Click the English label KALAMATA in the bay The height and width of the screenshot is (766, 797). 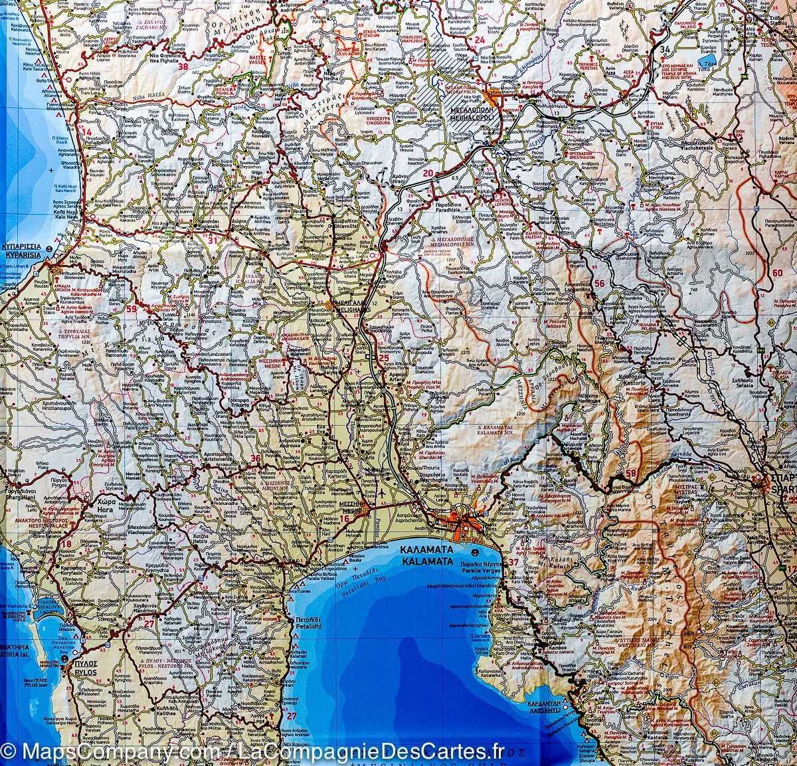428,560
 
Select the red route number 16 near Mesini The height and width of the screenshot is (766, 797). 344,519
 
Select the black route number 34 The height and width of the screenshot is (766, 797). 665,50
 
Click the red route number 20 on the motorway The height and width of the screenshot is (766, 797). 428,174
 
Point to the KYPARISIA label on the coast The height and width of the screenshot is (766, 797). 27,254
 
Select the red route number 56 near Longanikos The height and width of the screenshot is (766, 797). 599,284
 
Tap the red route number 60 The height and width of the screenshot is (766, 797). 778,272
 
